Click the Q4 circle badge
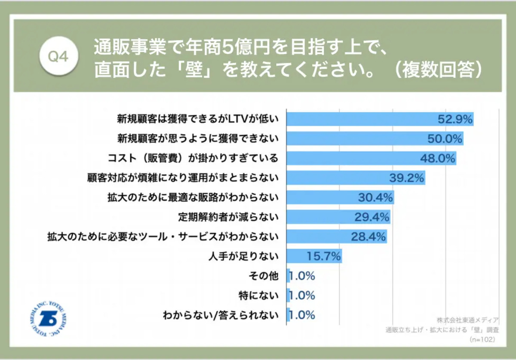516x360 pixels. click(x=58, y=56)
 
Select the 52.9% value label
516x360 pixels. click(x=455, y=119)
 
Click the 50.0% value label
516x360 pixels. click(x=445, y=139)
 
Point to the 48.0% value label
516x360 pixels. click(x=437, y=158)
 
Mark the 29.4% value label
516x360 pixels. click(x=372, y=217)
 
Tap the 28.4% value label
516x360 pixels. click(x=369, y=237)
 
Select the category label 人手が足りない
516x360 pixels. click(x=243, y=257)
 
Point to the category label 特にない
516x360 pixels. click(x=259, y=296)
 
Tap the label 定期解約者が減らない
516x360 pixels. click(x=228, y=217)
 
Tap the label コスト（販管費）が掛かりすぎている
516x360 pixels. click(x=193, y=158)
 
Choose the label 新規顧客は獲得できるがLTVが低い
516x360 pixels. click(x=198, y=119)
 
